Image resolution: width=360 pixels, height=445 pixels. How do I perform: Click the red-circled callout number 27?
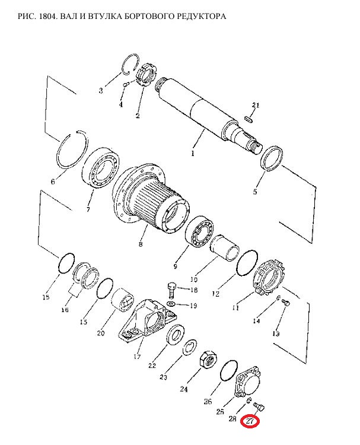tap(250, 421)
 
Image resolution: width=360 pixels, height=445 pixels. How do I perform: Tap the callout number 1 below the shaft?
tap(193, 154)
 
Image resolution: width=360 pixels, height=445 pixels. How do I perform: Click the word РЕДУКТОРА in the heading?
tap(202, 17)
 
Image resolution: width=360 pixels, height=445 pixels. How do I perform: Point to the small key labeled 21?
tap(249, 119)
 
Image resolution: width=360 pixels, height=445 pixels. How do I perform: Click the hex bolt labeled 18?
tap(171, 290)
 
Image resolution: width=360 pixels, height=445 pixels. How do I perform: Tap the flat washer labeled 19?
tap(171, 304)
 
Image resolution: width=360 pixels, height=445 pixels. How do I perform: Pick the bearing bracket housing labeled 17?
tap(148, 319)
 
